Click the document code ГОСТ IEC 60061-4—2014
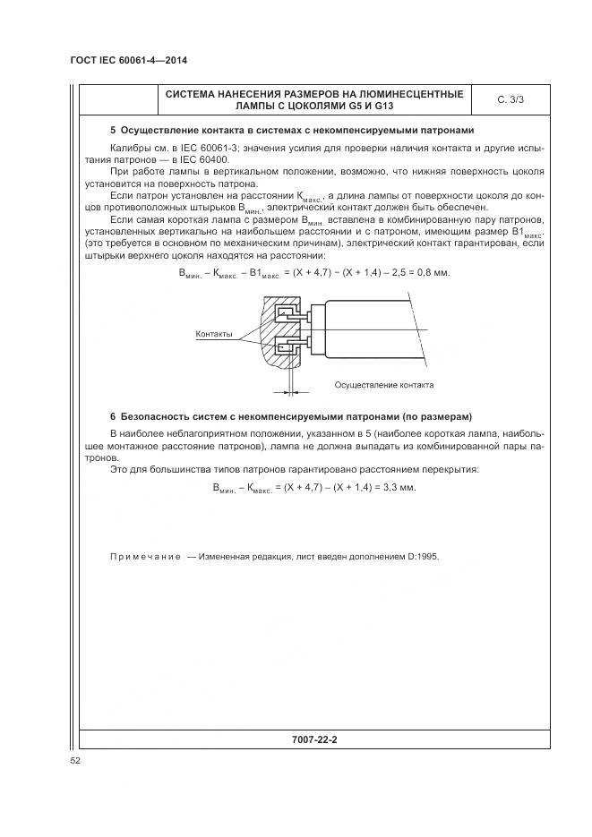(x=133, y=61)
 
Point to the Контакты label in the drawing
(x=214, y=334)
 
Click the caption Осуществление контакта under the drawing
(x=383, y=385)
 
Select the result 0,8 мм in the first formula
(x=433, y=272)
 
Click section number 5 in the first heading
(x=112, y=130)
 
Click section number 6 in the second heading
(x=112, y=417)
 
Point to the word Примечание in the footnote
(x=144, y=556)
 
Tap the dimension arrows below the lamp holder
(x=291, y=389)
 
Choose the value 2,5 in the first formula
(x=397, y=272)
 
